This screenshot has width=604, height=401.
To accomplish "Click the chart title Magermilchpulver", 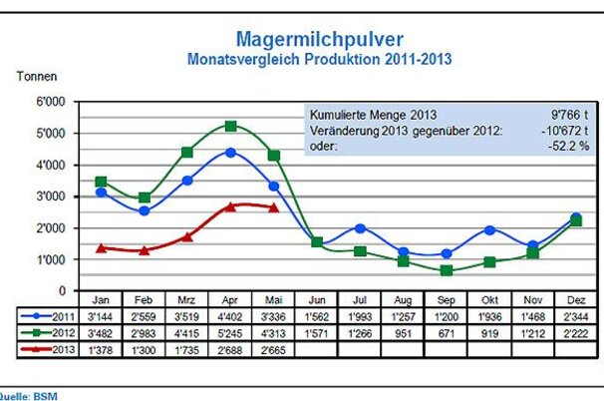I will [319, 39].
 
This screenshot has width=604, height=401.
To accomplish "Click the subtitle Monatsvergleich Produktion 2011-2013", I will [319, 59].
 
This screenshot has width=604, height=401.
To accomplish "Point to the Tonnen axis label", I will [37, 76].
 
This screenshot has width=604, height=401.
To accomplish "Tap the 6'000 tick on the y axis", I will [50, 102].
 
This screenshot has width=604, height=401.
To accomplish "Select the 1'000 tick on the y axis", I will [50, 259].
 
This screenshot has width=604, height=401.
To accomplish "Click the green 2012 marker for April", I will [230, 127].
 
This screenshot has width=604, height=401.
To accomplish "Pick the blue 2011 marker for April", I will [230, 153].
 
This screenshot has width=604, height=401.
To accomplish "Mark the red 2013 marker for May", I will [274, 207].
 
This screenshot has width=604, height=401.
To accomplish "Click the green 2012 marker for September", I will [447, 270].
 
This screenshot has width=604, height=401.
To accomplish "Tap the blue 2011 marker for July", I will [360, 228].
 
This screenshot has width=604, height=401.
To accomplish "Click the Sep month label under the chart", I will [447, 298].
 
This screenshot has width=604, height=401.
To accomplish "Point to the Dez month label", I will [576, 298].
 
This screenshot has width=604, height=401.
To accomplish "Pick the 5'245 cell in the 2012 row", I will [230, 332].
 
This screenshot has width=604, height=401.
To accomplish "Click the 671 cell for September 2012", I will [447, 332].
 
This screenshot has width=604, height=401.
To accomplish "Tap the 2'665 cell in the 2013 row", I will [274, 349].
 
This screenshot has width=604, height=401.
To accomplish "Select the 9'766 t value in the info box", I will [566, 115].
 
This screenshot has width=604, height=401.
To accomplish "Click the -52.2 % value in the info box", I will [568, 146].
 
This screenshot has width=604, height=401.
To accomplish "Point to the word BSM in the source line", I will [44, 396].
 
